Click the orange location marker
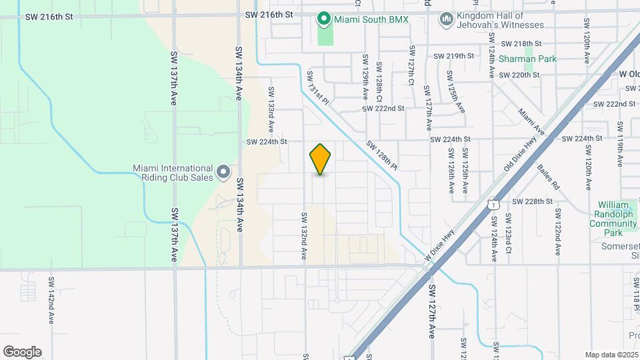point(320,159)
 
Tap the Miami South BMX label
point(371,19)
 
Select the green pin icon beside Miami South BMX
point(325,19)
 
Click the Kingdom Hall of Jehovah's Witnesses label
point(501,20)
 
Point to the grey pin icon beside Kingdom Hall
point(445,19)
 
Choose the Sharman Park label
point(528,59)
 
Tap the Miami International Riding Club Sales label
point(173,173)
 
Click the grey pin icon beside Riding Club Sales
point(224,173)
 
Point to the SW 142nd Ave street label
point(51,299)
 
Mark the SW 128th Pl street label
point(382,155)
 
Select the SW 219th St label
point(454,56)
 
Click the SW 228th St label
point(532,201)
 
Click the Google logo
point(22,352)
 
